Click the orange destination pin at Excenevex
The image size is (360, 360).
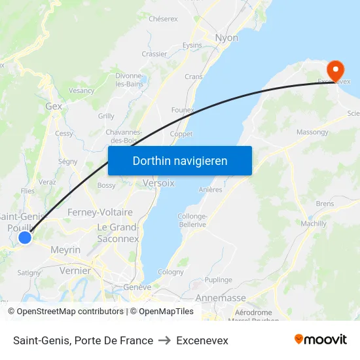(335, 70)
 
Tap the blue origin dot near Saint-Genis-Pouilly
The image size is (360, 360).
(25, 238)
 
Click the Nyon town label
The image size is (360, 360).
(226, 38)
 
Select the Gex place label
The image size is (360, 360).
(54, 106)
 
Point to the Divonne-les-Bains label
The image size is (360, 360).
(129, 79)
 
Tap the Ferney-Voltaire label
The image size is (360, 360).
(100, 212)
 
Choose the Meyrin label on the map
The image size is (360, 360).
(65, 250)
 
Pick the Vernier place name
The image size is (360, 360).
(75, 270)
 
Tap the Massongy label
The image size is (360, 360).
(313, 132)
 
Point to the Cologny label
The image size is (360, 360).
(171, 272)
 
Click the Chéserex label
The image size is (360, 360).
(163, 19)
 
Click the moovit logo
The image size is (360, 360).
(320, 339)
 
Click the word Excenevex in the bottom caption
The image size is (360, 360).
(202, 340)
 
